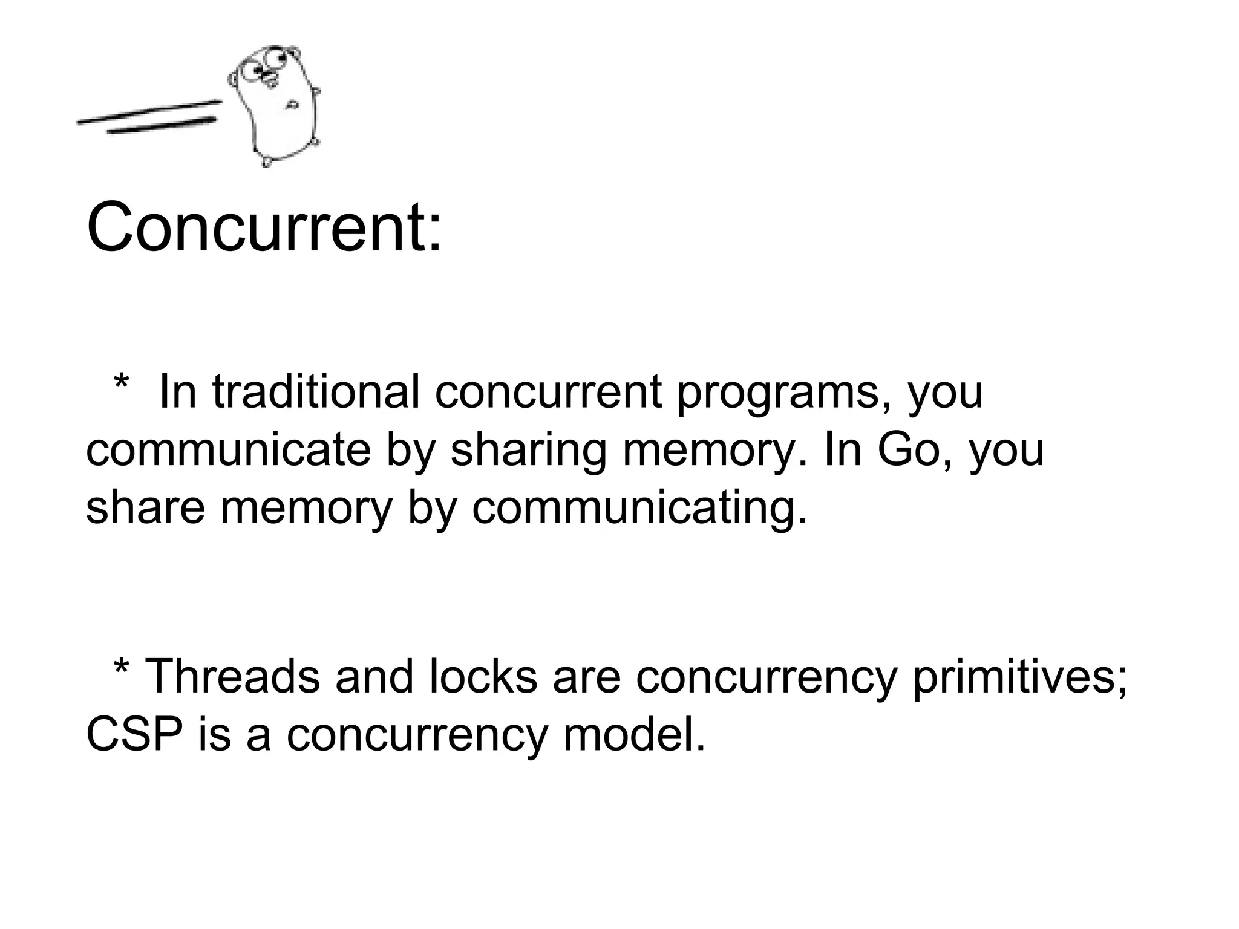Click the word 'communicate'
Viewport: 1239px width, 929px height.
point(228,450)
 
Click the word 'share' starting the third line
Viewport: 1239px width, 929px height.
point(145,508)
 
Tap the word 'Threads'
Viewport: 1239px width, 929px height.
point(233,676)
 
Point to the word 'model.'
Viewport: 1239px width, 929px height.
point(633,734)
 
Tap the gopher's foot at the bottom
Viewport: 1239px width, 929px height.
point(266,161)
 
